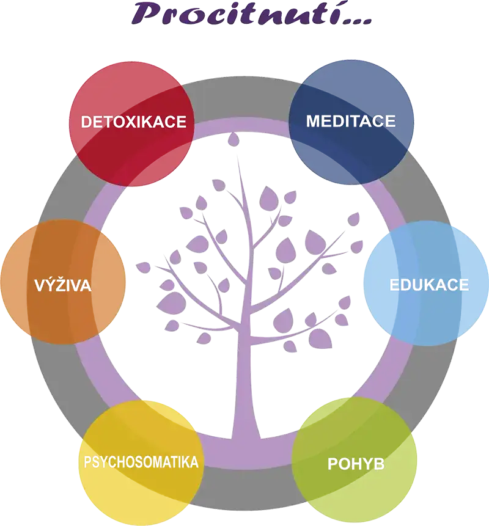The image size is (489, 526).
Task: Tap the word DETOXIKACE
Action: [133, 121]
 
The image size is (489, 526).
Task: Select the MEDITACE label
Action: [351, 120]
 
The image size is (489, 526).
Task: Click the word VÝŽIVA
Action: [63, 285]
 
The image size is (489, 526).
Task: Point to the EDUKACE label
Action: [429, 285]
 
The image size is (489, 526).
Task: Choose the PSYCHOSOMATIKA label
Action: [141, 461]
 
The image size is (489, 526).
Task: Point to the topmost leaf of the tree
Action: [233, 140]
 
